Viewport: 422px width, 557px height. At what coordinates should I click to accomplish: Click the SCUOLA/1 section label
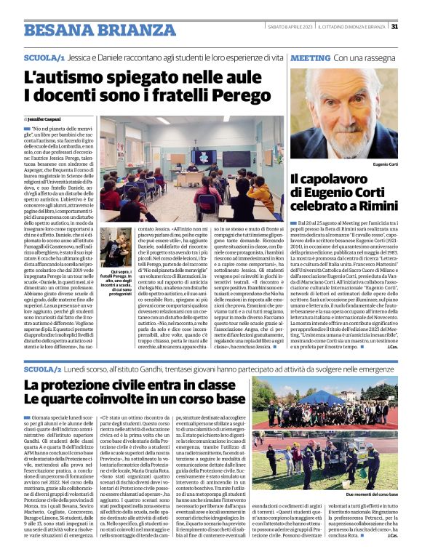click(x=44, y=56)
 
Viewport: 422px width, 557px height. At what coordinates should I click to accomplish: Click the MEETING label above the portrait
click(x=311, y=56)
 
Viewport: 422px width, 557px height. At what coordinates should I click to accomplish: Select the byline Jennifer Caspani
click(x=47, y=119)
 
